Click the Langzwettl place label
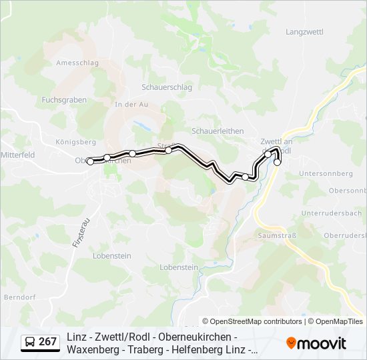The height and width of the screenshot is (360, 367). (x=304, y=32)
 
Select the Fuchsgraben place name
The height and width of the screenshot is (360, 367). (x=64, y=99)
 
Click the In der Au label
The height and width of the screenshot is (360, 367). (x=131, y=105)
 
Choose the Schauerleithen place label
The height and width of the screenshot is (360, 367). (x=218, y=131)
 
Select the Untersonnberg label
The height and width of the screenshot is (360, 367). (x=326, y=173)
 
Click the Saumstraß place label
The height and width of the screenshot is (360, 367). (x=276, y=236)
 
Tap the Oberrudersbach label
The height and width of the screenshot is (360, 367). (x=344, y=236)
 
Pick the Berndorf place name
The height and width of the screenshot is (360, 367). (x=19, y=297)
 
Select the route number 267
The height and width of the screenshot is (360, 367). (x=47, y=342)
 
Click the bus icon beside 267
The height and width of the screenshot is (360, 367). (x=30, y=343)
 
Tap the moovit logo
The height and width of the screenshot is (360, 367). (x=316, y=343)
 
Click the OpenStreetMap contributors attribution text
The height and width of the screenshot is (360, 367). (x=252, y=321)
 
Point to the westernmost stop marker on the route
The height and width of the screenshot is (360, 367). (x=90, y=161)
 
